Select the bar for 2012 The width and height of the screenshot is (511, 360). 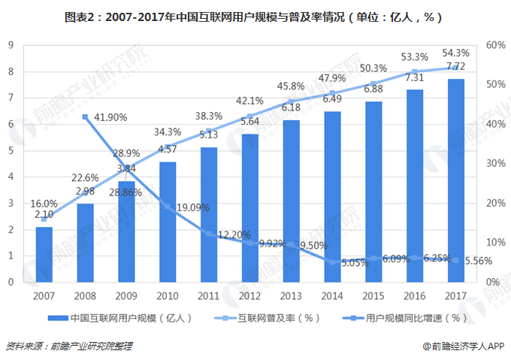coord(249,207)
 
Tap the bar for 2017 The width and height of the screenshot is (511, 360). coord(455,180)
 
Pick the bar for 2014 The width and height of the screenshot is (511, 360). coord(332,196)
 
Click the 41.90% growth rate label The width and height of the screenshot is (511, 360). coord(110,117)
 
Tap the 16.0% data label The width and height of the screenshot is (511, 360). coord(44,204)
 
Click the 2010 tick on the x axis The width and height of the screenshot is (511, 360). coord(168,295)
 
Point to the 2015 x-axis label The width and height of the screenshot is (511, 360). coord(373,295)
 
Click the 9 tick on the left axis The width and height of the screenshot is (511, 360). coord(11,45)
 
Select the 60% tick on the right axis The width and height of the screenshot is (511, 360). coord(495,45)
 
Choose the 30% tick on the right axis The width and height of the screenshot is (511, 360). coord(495,164)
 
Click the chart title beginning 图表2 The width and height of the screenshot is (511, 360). coord(255,16)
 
